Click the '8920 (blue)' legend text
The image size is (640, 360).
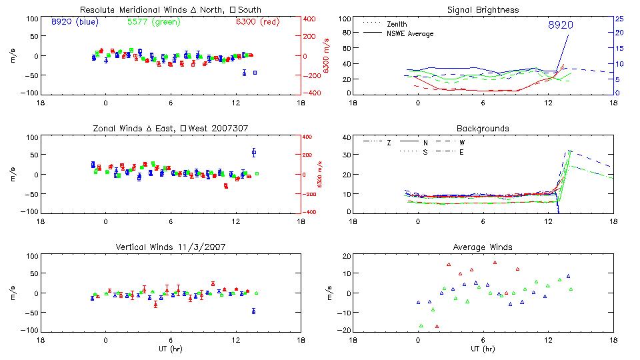[x=74, y=21]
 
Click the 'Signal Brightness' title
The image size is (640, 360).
[x=483, y=10]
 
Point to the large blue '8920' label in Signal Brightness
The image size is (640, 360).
[x=561, y=25]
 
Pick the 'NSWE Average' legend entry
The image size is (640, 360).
[x=410, y=33]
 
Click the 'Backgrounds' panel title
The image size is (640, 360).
[x=483, y=128]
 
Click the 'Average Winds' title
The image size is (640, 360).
[x=483, y=247]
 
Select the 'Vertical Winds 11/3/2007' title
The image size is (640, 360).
[x=170, y=247]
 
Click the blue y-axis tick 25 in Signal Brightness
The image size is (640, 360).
[x=619, y=19]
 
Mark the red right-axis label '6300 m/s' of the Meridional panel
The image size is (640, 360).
[x=327, y=56]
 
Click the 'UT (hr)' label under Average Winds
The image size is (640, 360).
[x=483, y=349]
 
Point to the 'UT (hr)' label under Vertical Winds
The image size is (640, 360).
[x=170, y=349]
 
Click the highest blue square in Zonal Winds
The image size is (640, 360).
[x=254, y=153]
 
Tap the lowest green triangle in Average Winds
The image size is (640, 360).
[x=421, y=325]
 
